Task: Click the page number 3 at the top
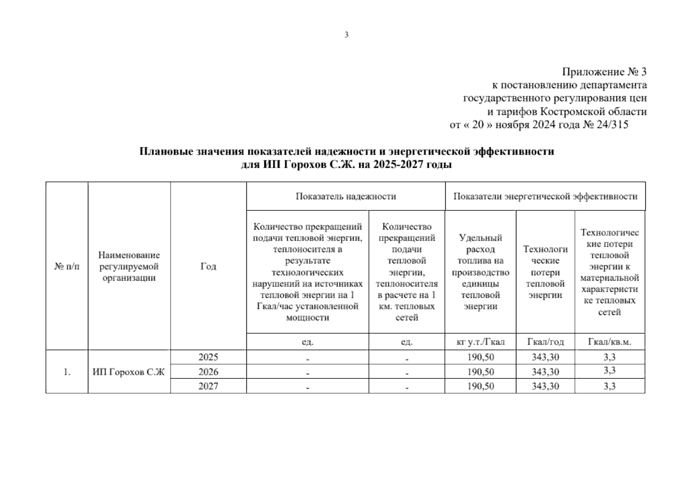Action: point(347,35)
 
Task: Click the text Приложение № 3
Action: point(604,72)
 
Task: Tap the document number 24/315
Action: point(613,124)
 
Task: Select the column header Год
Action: point(208,266)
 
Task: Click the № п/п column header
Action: point(67,266)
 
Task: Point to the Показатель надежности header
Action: point(346,196)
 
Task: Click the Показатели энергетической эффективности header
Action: point(545,196)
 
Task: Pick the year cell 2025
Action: point(208,357)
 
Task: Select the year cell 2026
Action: point(208,372)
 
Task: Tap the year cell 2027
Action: point(208,386)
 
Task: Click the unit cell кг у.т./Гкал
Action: point(480,342)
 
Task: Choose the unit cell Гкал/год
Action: point(545,342)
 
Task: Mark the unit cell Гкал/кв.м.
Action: point(609,342)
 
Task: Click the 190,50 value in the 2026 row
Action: point(480,372)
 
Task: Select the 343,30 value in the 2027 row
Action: point(545,386)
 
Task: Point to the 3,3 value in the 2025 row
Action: point(609,357)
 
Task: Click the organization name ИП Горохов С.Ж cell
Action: point(128,372)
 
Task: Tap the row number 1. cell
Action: point(67,372)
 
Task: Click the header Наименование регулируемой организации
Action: point(129,266)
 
